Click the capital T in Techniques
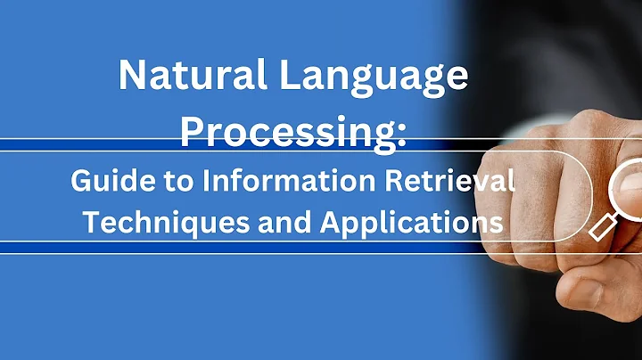(x=91, y=221)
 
